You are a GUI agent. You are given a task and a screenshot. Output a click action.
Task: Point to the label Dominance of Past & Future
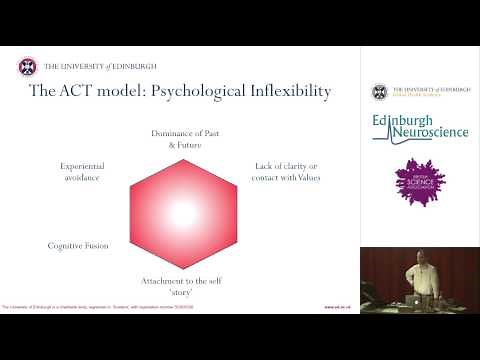184,138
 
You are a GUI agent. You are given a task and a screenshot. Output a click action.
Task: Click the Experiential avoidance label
82,172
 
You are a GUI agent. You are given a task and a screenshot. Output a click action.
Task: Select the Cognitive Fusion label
78,244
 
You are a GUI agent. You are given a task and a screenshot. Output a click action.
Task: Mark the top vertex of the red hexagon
184,154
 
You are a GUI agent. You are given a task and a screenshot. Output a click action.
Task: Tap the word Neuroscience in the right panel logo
425,133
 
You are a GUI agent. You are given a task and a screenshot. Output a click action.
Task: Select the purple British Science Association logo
418,181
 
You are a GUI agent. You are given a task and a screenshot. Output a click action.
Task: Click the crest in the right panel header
380,93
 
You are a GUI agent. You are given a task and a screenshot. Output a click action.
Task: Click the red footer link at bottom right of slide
336,307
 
